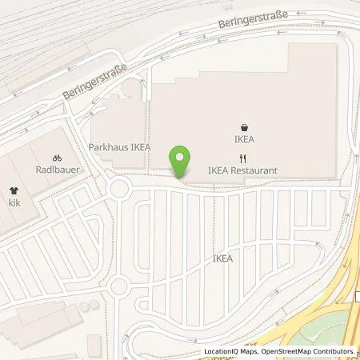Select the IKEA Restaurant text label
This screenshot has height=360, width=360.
242,170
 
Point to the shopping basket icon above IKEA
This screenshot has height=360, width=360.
244,126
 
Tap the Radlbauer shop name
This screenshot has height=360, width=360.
56,170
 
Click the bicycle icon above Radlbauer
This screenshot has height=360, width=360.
56,158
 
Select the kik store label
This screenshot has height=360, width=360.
14,204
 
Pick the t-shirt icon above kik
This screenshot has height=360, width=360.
14,191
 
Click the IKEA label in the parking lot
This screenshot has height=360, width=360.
223,258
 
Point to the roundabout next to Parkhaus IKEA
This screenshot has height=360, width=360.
121,190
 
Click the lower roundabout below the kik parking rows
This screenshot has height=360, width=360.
120,286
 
